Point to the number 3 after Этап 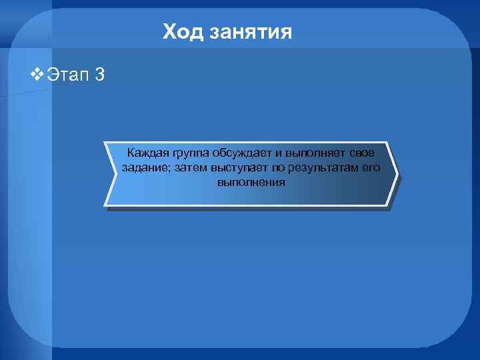[99, 74]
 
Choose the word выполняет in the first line [315, 154]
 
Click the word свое [362, 154]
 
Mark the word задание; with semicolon [146, 168]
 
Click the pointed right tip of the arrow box [397, 175]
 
